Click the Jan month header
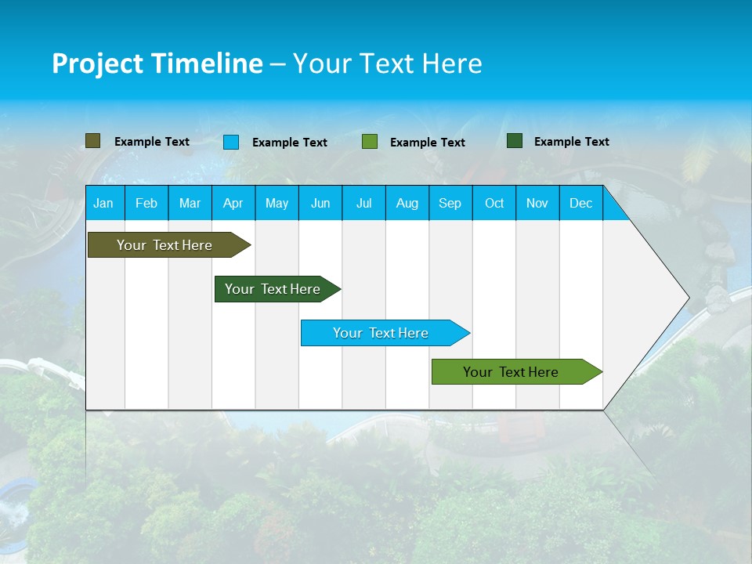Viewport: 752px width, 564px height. (103, 203)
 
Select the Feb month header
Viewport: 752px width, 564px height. (146, 203)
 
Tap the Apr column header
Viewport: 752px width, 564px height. (233, 203)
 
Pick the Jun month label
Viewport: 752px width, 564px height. (320, 203)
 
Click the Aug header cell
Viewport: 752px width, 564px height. (407, 203)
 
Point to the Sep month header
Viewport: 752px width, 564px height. (450, 203)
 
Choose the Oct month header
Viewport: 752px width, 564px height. (494, 203)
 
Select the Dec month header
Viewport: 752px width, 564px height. (580, 203)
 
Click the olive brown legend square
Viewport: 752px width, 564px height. (92, 141)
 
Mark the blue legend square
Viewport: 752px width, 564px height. (231, 142)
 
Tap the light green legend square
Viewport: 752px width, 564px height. (370, 142)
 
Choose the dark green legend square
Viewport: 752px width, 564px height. (515, 141)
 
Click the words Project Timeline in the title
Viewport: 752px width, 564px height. (157, 63)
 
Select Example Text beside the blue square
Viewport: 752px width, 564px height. (290, 143)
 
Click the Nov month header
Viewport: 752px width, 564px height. (537, 203)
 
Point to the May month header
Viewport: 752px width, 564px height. (277, 203)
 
